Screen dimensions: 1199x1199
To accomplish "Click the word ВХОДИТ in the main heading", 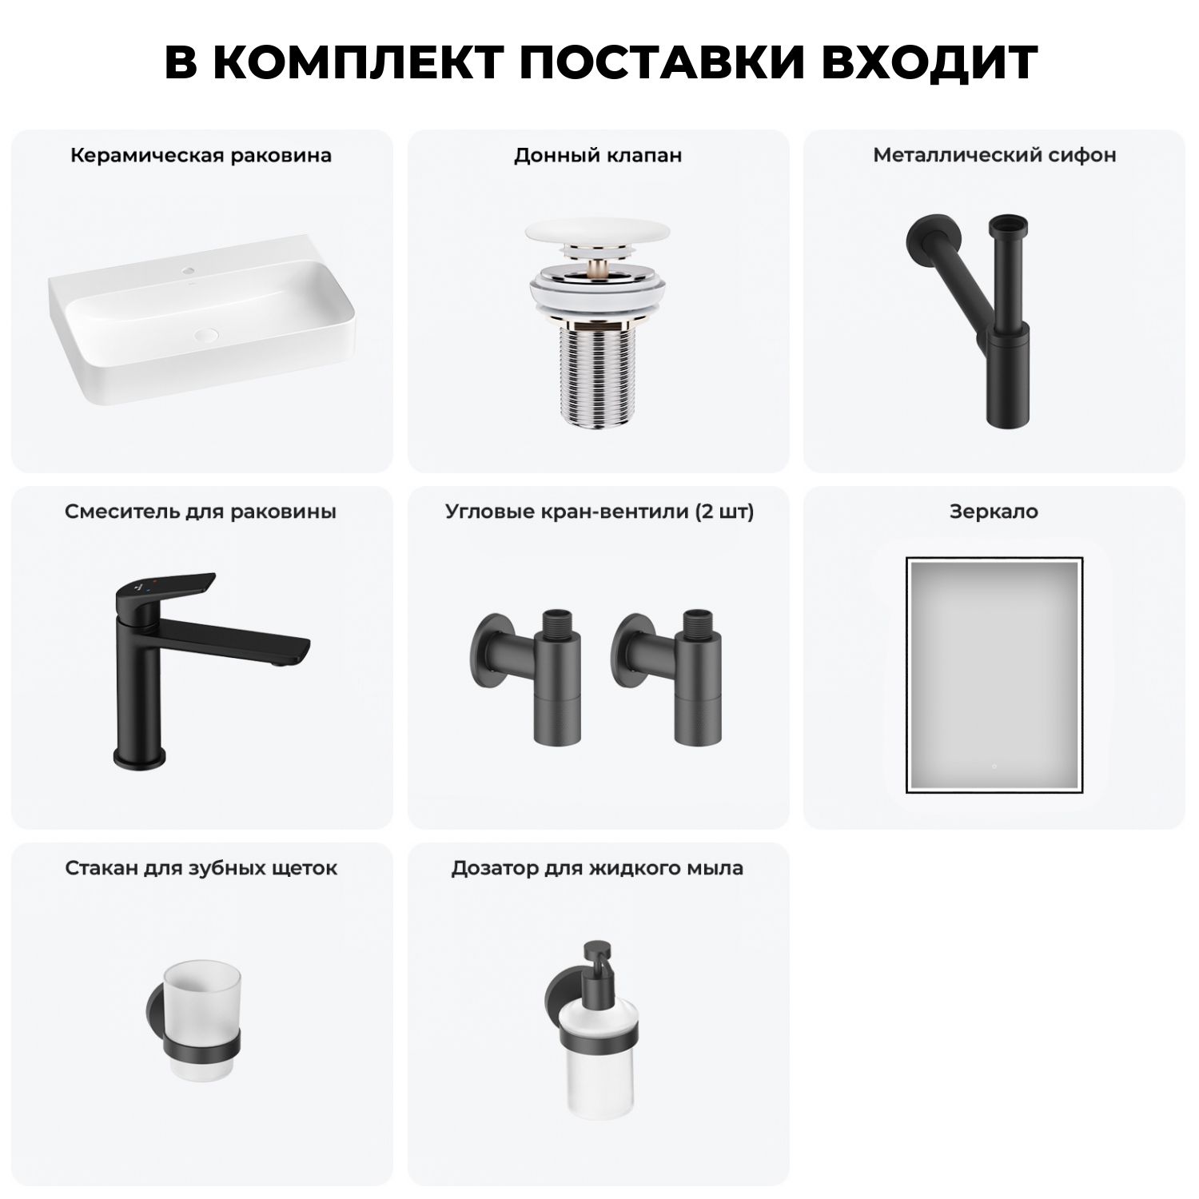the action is pyautogui.click(x=930, y=62).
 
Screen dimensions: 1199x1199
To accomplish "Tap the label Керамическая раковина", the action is pyautogui.click(x=201, y=155).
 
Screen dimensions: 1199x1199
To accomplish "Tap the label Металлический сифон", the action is pyautogui.click(x=994, y=155).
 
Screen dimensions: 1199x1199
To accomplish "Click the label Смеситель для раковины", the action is pyautogui.click(x=201, y=512).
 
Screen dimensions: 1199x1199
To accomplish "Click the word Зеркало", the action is pyautogui.click(x=994, y=512).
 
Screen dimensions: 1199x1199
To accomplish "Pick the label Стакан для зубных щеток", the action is pyautogui.click(x=201, y=868).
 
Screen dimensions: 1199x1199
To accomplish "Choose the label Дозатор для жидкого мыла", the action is pyautogui.click(x=597, y=868).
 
